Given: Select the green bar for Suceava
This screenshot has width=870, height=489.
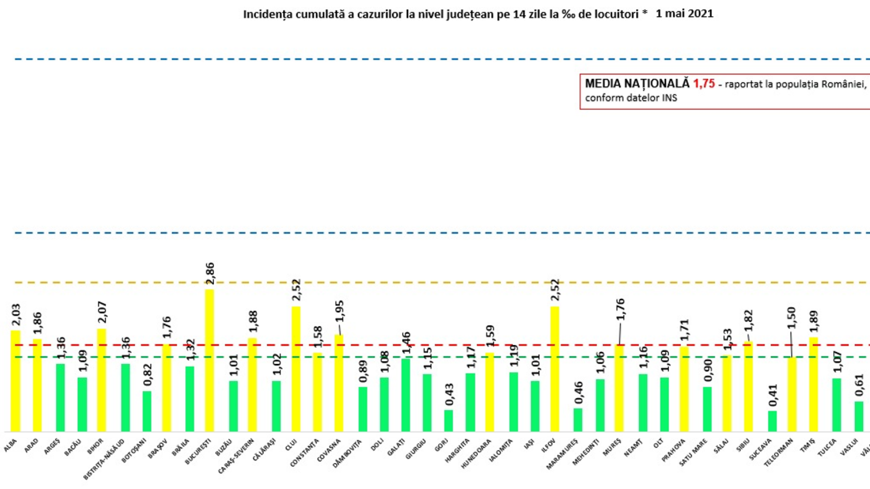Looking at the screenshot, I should click(772, 421).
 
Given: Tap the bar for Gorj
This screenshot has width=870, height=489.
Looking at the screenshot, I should click(448, 421).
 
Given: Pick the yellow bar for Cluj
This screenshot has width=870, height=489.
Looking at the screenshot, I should click(295, 369).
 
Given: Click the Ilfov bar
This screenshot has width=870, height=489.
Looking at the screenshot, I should click(555, 369).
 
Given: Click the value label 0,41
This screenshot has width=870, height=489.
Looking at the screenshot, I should click(773, 395).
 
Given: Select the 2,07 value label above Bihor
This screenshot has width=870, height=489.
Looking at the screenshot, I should click(102, 312).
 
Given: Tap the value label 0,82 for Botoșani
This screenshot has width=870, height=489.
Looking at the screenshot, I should click(147, 375).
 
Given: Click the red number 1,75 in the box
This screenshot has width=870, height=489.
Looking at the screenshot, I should click(704, 84).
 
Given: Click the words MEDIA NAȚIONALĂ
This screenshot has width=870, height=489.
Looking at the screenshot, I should click(637, 84).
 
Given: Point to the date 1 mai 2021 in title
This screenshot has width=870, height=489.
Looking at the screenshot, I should click(684, 14).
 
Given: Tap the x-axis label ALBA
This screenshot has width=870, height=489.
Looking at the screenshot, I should click(10, 446).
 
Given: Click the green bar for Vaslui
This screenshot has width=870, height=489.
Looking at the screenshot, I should click(859, 417).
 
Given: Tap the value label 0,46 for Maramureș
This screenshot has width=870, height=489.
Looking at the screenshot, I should click(579, 393).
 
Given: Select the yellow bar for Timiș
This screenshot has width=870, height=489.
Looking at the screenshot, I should click(813, 384).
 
